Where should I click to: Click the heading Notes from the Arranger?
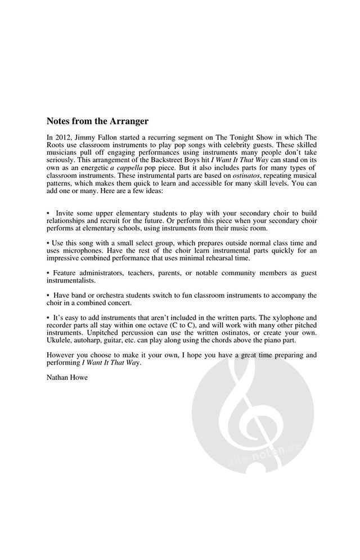tap(97, 121)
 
